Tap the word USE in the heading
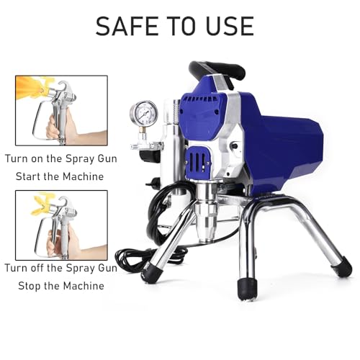230,26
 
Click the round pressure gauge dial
144,113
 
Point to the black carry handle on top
217,71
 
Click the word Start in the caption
28,176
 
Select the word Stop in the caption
29,286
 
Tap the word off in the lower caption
37,268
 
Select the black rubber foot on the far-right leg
341,268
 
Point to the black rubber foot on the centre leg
247,289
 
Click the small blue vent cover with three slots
198,160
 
